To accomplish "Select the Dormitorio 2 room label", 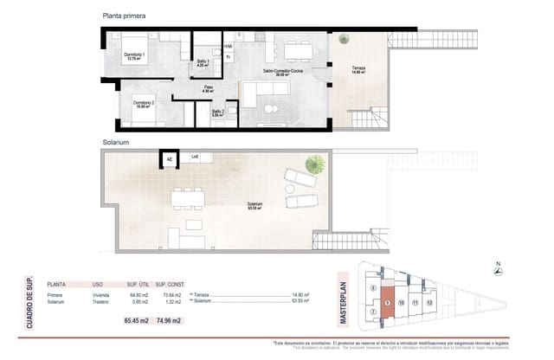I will [144, 105].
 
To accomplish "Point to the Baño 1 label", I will [202, 62].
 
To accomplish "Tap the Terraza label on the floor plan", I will [358, 70].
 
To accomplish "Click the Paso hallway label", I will [208, 89].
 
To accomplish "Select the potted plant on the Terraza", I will [345, 38].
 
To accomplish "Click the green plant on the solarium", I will [316, 162].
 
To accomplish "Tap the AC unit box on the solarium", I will [170, 159].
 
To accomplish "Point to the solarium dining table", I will [188, 198].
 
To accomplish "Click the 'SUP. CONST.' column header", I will [167, 283].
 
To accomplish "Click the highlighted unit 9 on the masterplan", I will [387, 303].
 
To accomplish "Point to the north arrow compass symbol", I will [497, 271].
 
